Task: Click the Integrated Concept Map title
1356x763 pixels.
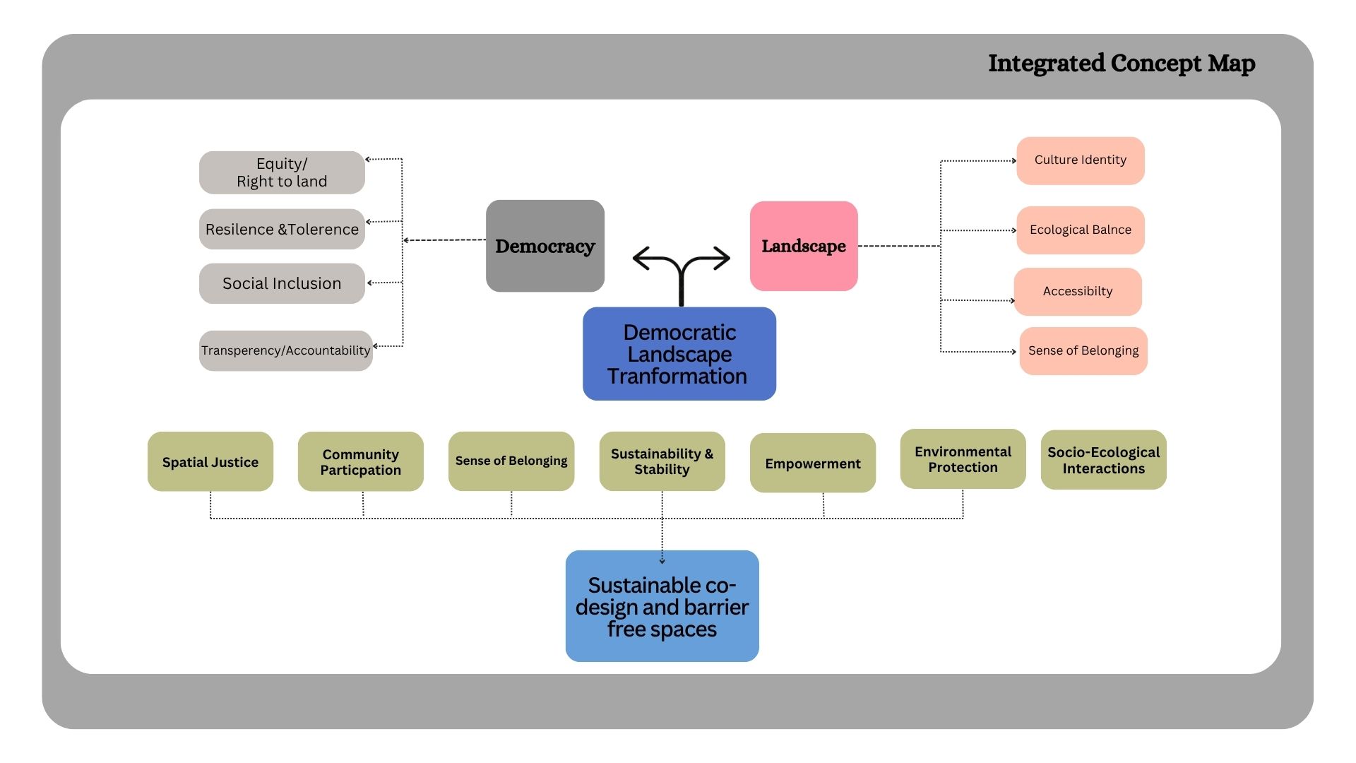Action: (1122, 64)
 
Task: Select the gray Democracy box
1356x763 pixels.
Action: (545, 246)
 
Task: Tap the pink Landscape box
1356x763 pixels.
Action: (804, 246)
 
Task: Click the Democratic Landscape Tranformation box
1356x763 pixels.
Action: (679, 354)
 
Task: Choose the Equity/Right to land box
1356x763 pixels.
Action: (282, 172)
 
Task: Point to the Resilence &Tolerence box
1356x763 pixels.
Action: (282, 229)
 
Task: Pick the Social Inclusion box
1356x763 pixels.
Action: (282, 283)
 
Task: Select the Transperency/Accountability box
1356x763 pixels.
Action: (285, 350)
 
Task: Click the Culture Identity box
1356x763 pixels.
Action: (1081, 160)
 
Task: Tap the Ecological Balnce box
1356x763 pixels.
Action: (1081, 230)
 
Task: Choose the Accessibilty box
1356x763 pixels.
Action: (1078, 292)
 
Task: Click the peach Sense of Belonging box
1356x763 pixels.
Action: (1083, 351)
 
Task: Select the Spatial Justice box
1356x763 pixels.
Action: (210, 461)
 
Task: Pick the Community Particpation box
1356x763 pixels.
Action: (361, 461)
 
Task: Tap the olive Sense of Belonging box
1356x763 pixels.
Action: (511, 461)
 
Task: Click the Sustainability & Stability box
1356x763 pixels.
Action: (662, 461)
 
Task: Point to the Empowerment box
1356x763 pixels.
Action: (813, 463)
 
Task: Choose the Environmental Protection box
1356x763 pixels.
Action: (963, 459)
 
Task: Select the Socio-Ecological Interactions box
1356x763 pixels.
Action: (1104, 460)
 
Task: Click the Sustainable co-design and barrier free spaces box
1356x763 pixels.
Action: (662, 606)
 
